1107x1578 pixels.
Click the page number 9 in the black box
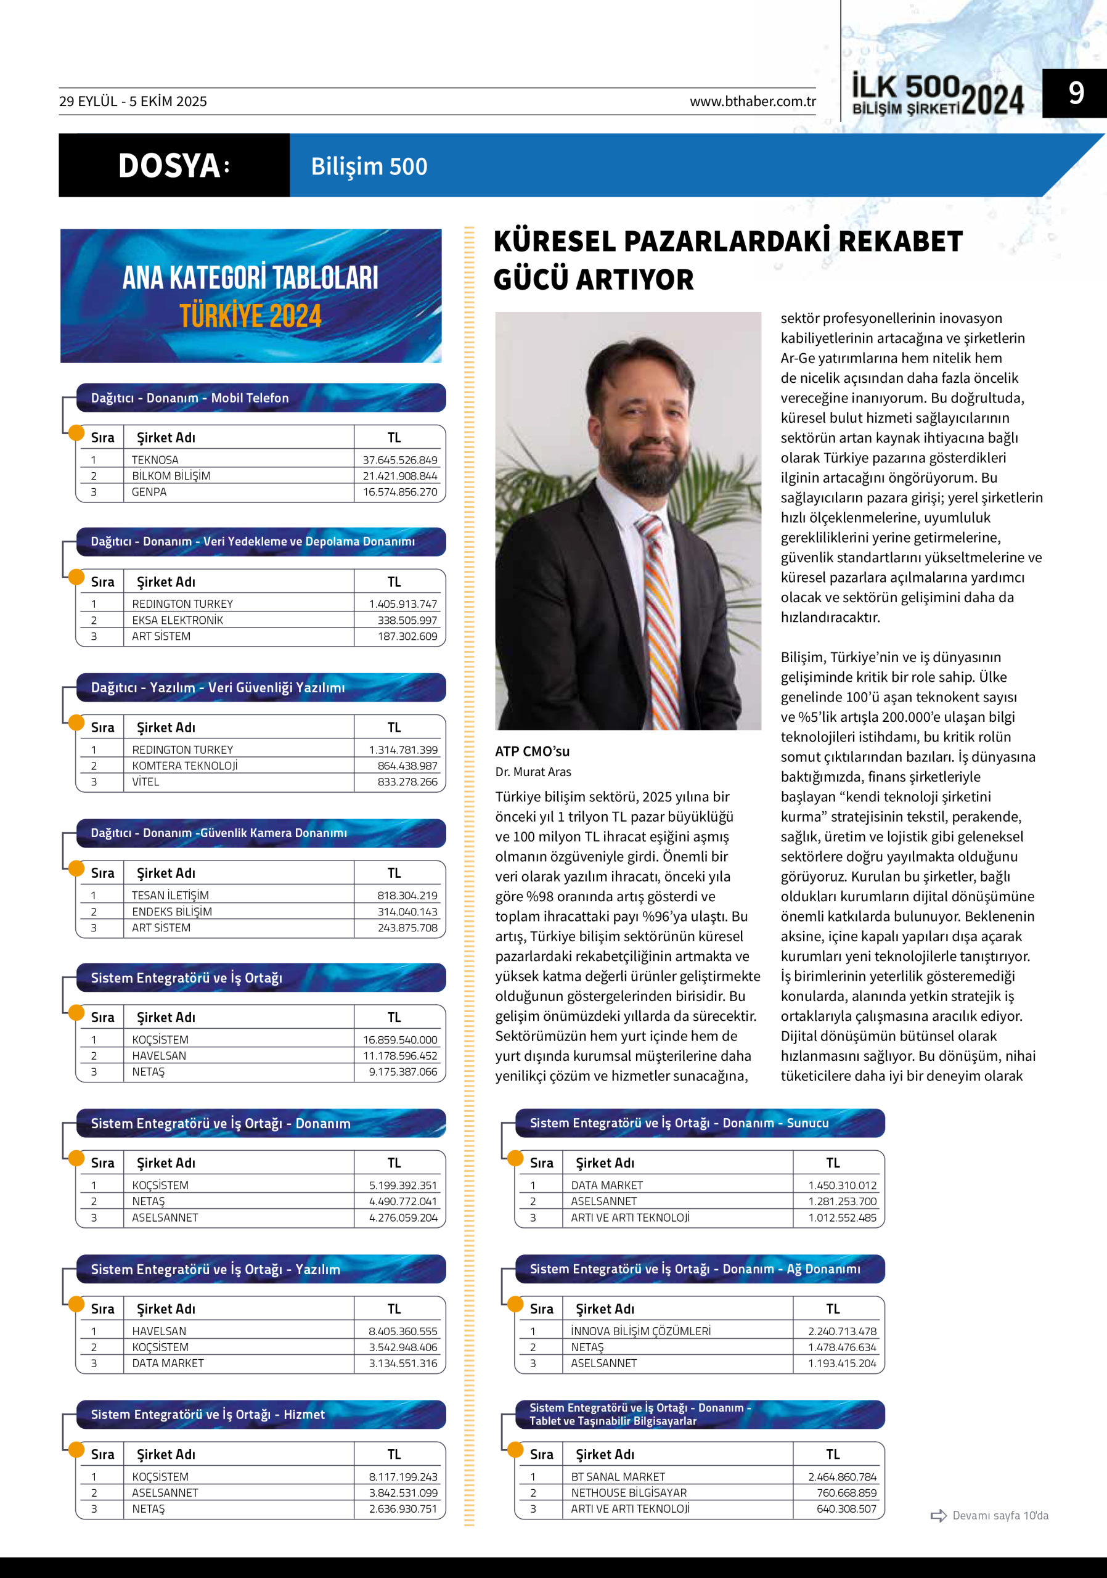[1076, 93]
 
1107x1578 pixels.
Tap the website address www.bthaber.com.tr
[753, 102]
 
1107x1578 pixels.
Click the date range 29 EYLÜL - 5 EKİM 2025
[133, 102]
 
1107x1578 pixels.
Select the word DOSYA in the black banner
[169, 166]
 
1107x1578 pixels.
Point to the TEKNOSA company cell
[155, 460]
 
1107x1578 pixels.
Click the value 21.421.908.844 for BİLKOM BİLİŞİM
[400, 476]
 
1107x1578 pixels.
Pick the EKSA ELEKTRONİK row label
[178, 620]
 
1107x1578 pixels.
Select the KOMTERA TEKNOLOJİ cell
[185, 766]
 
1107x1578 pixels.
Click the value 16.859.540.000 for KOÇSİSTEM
[400, 1040]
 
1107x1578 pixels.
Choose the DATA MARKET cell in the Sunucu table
[607, 1185]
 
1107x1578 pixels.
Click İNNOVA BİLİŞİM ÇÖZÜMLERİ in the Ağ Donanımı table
[640, 1331]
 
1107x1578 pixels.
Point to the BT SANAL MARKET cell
[618, 1476]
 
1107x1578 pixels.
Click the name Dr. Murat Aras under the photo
[533, 772]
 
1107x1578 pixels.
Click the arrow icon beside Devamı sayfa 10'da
[938, 1516]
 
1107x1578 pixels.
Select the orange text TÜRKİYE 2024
[251, 316]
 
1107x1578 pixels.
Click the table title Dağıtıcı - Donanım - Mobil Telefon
[190, 398]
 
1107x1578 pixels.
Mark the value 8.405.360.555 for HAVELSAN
[402, 1331]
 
